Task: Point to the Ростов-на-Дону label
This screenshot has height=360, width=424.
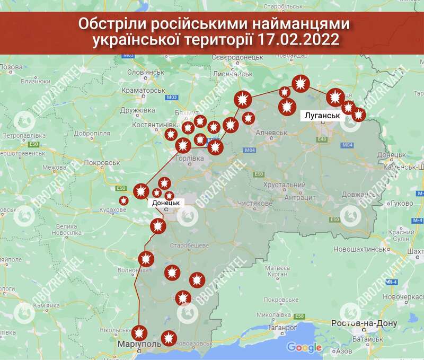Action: (x=357, y=324)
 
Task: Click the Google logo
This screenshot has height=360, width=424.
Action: (x=304, y=347)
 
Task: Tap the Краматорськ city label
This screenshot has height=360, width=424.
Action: (x=144, y=91)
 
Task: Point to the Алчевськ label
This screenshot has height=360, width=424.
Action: (x=272, y=133)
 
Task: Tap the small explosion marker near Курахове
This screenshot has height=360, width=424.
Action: (x=123, y=200)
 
